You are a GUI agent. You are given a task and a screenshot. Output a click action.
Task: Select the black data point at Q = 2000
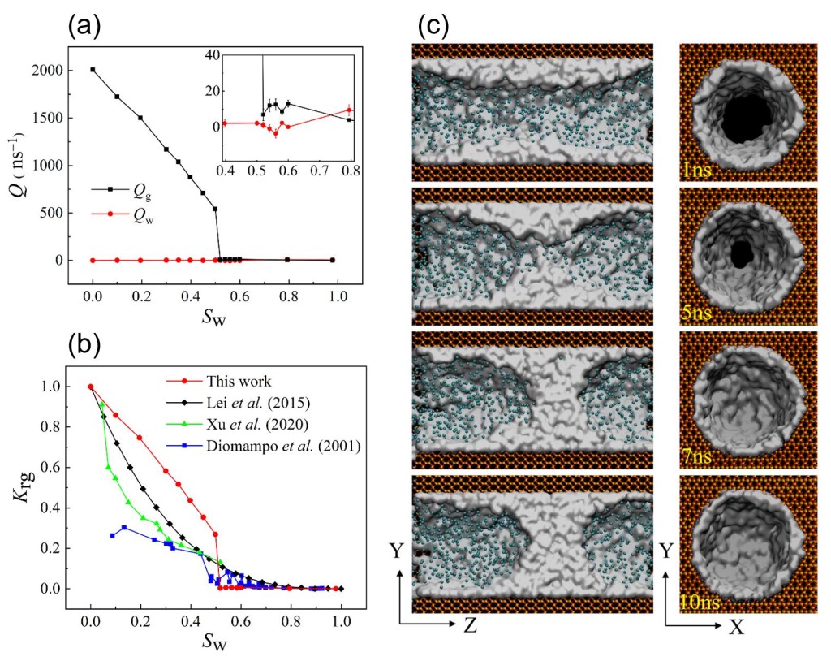coord(93,70)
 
